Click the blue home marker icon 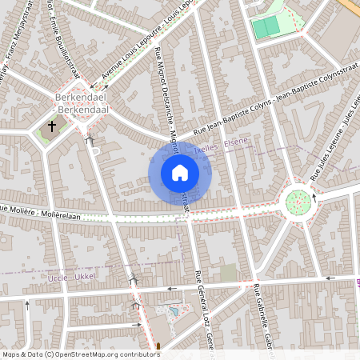click(x=180, y=173)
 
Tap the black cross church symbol click(x=53, y=126)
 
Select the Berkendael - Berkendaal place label click(x=82, y=104)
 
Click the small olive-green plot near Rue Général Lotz click(x=229, y=274)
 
